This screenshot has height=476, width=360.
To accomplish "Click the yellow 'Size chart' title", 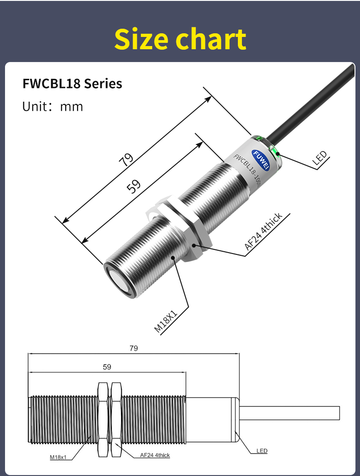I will pyautogui.click(x=180, y=39).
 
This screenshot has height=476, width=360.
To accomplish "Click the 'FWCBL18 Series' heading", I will pyautogui.click(x=72, y=84).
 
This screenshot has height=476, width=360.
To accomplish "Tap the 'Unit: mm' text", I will pyautogui.click(x=53, y=107).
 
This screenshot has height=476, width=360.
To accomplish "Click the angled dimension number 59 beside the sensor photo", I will pyautogui.click(x=133, y=186).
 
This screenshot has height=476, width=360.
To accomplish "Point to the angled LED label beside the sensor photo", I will pyautogui.click(x=320, y=158).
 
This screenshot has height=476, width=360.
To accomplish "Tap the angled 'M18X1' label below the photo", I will pyautogui.click(x=165, y=321).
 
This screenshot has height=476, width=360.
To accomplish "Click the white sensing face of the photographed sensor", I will pyautogui.click(x=119, y=281).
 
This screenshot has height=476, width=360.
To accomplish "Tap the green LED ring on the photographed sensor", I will pyautogui.click(x=275, y=151).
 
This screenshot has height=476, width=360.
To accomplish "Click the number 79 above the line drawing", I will pyautogui.click(x=134, y=348).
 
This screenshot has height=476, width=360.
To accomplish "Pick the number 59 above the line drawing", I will pyautogui.click(x=107, y=367).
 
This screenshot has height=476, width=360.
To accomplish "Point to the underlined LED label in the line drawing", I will pyautogui.click(x=262, y=451).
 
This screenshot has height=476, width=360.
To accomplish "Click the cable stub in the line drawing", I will pyautogui.click(x=292, y=413).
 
